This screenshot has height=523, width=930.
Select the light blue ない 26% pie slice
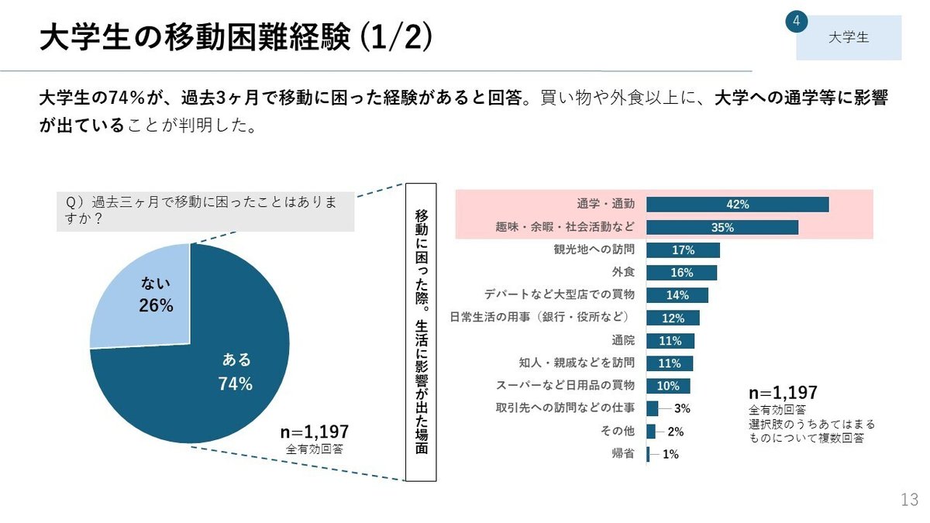(x=147, y=298)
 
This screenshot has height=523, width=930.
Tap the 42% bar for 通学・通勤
(x=737, y=205)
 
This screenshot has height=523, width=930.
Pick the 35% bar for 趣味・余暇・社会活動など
(x=722, y=227)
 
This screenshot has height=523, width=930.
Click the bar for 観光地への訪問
(x=683, y=250)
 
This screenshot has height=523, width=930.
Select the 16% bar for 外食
(x=681, y=273)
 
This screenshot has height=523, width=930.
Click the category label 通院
(x=623, y=340)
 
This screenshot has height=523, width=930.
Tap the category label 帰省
(x=623, y=454)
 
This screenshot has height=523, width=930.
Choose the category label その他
(x=618, y=432)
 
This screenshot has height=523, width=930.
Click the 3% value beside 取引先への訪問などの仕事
(x=682, y=408)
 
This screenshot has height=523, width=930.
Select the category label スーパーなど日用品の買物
(x=565, y=385)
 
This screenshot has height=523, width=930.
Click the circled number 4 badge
(x=797, y=21)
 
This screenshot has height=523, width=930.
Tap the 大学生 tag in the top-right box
(x=849, y=37)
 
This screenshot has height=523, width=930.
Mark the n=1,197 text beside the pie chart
(x=314, y=432)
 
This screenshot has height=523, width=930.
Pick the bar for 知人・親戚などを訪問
(x=670, y=363)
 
